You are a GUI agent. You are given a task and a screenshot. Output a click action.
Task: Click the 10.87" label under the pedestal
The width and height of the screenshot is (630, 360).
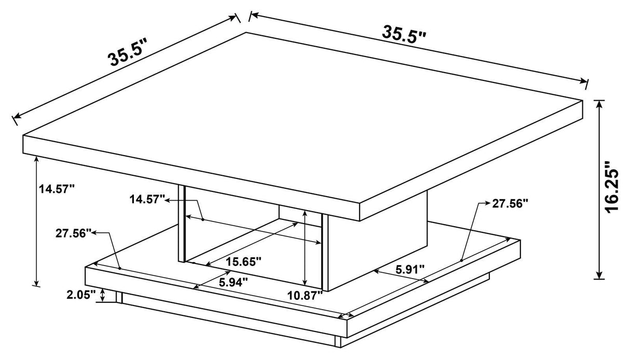(x=305, y=295)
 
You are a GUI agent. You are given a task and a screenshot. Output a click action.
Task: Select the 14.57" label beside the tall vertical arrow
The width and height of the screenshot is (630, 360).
(x=57, y=189)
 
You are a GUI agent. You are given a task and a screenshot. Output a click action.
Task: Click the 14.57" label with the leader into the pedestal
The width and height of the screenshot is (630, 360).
(x=148, y=198)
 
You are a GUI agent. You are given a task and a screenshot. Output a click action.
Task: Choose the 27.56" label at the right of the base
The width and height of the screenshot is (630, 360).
(x=510, y=204)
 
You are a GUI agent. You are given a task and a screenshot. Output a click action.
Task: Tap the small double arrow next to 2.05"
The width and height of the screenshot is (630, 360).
(x=103, y=296)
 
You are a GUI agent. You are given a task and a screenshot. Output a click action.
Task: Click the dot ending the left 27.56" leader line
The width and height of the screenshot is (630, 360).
(x=119, y=268)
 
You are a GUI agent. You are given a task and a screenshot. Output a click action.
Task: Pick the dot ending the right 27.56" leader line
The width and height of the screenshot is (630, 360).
(x=461, y=260)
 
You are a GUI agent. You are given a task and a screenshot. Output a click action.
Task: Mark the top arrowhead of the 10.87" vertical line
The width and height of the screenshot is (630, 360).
(x=305, y=213)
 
